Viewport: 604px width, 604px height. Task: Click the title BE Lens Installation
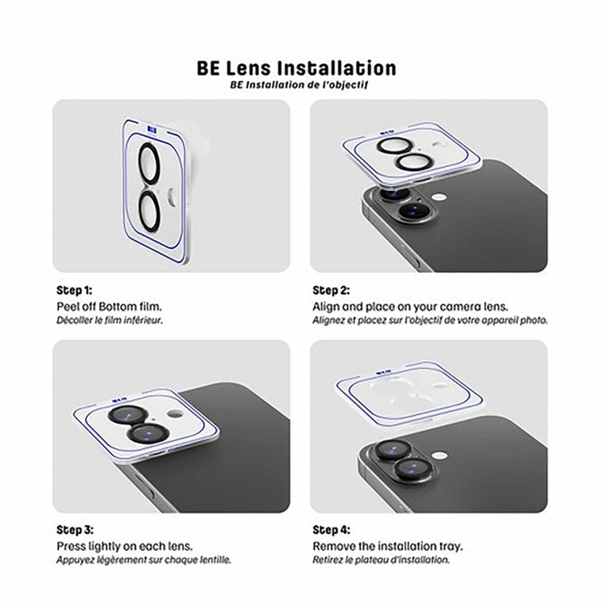(x=296, y=68)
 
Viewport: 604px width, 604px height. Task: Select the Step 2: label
(x=331, y=290)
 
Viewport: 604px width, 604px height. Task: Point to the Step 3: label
(x=75, y=529)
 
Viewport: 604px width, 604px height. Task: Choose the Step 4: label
(x=331, y=529)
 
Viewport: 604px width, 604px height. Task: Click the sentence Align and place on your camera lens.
(x=410, y=306)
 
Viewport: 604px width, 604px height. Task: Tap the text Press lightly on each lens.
(x=124, y=546)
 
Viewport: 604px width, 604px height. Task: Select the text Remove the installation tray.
(x=388, y=546)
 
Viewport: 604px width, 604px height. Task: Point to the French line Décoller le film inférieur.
(x=114, y=320)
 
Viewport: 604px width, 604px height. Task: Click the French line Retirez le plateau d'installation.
(x=381, y=559)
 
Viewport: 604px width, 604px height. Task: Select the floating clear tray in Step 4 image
(x=410, y=390)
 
